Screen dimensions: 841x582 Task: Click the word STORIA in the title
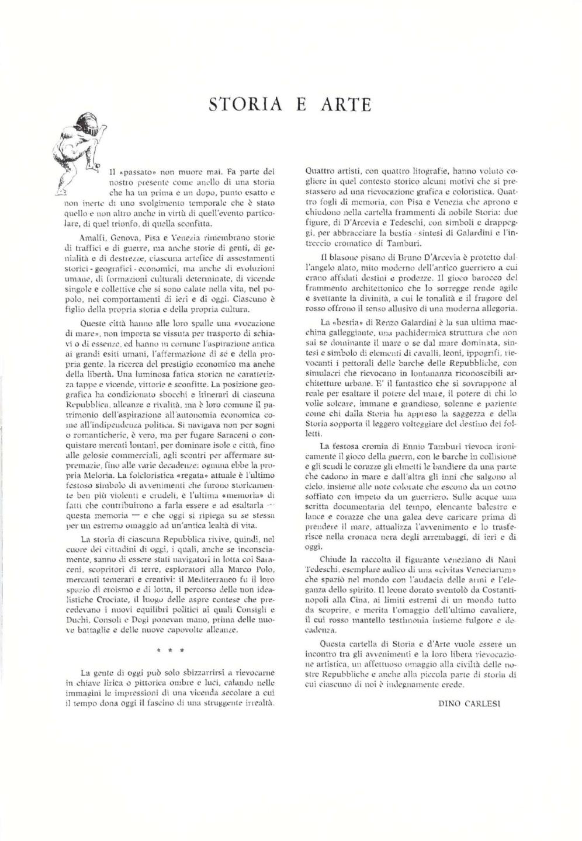tap(242, 104)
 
